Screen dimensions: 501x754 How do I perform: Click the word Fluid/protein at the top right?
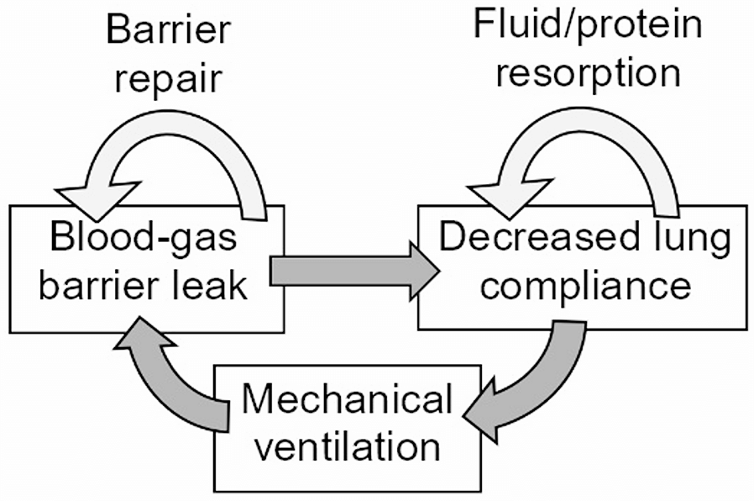[x=587, y=27]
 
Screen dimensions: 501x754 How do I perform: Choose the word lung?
[x=684, y=240]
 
